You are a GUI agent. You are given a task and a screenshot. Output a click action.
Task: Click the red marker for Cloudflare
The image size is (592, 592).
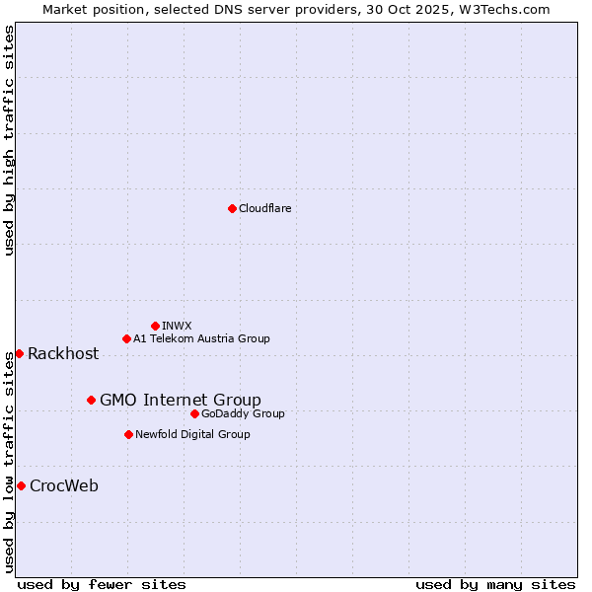pyautogui.click(x=232, y=208)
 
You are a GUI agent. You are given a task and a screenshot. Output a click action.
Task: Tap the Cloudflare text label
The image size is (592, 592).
pyautogui.click(x=264, y=208)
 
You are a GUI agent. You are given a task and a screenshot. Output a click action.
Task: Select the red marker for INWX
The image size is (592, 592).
pyautogui.click(x=155, y=326)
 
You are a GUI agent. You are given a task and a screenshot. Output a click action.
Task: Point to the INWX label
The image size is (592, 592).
pyautogui.click(x=177, y=326)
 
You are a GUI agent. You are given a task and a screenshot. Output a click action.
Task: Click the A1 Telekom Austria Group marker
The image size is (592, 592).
pyautogui.click(x=126, y=338)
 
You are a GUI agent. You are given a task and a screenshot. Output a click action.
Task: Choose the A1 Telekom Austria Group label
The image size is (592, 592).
pyautogui.click(x=201, y=338)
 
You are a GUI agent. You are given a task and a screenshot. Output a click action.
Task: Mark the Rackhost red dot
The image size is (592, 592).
pyautogui.click(x=19, y=353)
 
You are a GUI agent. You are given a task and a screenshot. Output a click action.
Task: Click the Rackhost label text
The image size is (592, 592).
pyautogui.click(x=63, y=354)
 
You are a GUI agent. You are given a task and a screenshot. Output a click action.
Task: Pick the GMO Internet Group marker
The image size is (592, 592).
pyautogui.click(x=91, y=400)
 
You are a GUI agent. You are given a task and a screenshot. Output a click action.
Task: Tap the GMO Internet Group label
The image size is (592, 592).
pyautogui.click(x=181, y=400)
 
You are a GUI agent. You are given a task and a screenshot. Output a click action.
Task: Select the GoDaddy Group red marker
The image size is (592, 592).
pyautogui.click(x=194, y=413)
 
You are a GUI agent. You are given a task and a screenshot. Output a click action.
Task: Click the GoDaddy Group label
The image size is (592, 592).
pyautogui.click(x=243, y=413)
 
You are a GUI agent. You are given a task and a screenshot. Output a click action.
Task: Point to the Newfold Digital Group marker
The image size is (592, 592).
pyautogui.click(x=128, y=434)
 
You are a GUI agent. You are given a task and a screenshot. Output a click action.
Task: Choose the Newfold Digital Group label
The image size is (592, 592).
pyautogui.click(x=192, y=434)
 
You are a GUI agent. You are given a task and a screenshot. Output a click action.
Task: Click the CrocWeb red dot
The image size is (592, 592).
pyautogui.click(x=21, y=485)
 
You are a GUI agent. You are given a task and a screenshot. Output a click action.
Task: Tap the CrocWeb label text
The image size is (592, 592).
pyautogui.click(x=64, y=485)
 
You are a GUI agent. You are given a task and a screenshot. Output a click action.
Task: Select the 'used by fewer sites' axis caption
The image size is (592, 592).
pyautogui.click(x=102, y=584)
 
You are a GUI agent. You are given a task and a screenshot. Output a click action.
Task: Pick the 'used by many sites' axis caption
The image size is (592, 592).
pyautogui.click(x=495, y=584)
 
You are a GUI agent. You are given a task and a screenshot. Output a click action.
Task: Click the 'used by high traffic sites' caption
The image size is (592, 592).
pyautogui.click(x=10, y=140)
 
